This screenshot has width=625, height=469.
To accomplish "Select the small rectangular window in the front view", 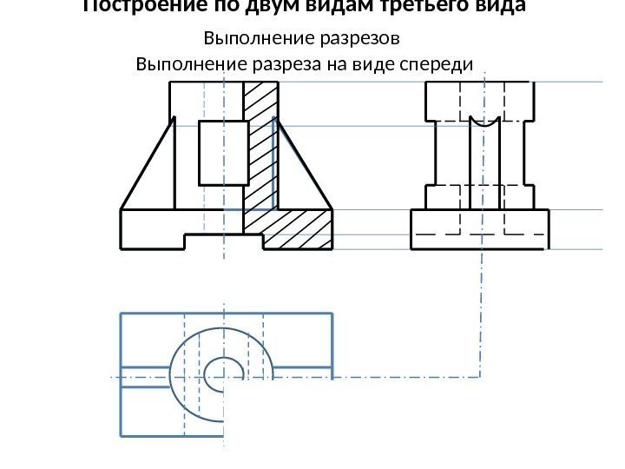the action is click(x=224, y=154).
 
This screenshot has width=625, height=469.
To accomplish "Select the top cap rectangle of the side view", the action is click(x=478, y=101).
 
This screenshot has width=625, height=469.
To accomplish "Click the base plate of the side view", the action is click(x=480, y=228).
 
